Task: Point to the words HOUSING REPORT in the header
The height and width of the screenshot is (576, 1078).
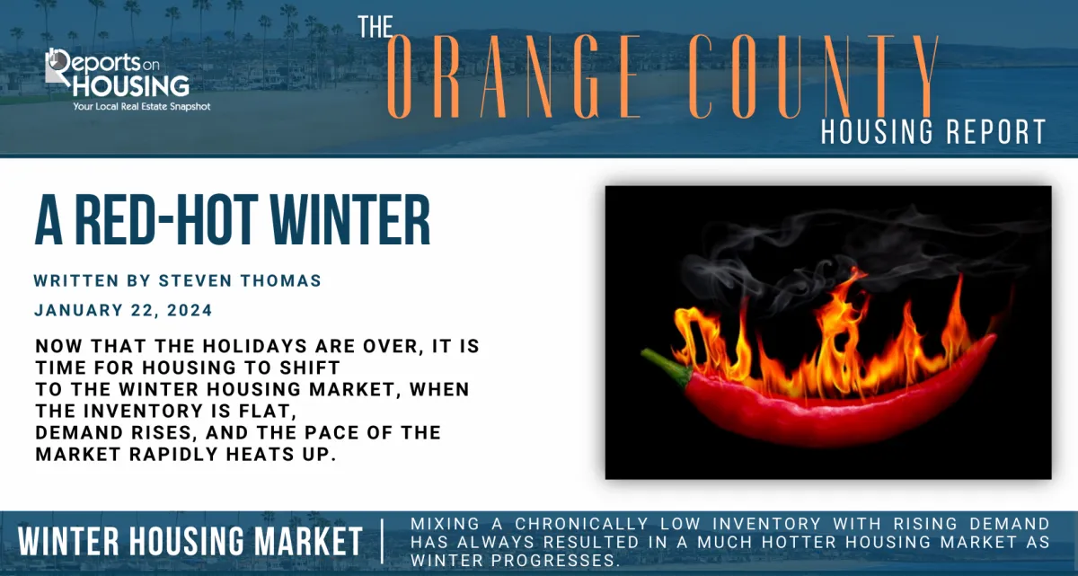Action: [x=933, y=131]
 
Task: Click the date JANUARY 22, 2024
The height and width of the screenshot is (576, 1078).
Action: [x=123, y=311]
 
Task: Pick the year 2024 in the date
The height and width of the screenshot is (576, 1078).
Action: [x=189, y=311]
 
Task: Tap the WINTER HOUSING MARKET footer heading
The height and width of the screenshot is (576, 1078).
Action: [x=190, y=543]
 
